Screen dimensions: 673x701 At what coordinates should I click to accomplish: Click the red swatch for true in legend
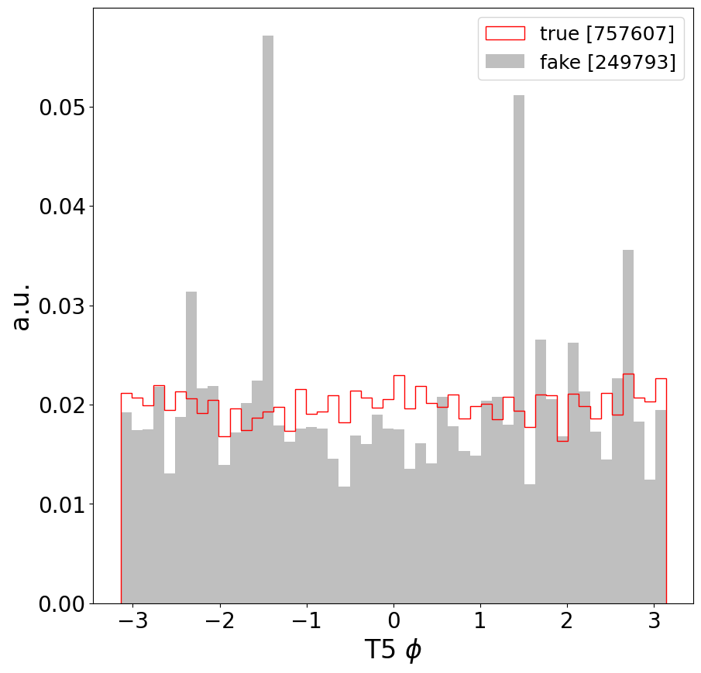pyautogui.click(x=504, y=33)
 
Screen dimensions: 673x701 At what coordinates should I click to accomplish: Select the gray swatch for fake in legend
pyautogui.click(x=504, y=63)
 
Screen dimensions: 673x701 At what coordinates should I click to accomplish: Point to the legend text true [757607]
pyautogui.click(x=607, y=33)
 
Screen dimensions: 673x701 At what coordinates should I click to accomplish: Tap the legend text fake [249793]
pyautogui.click(x=607, y=63)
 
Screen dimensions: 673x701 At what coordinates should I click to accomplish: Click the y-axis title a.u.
pyautogui.click(x=22, y=306)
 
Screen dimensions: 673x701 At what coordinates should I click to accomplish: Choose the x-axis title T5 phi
pyautogui.click(x=393, y=650)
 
